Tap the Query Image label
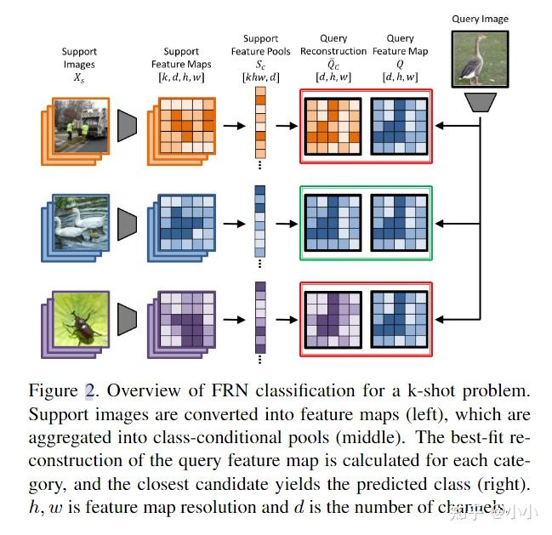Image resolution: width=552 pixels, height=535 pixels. tap(481, 19)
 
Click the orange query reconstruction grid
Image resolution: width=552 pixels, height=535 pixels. tap(330, 127)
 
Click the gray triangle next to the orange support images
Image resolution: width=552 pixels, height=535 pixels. tap(128, 126)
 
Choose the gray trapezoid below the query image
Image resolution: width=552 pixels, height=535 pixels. tap(481, 101)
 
